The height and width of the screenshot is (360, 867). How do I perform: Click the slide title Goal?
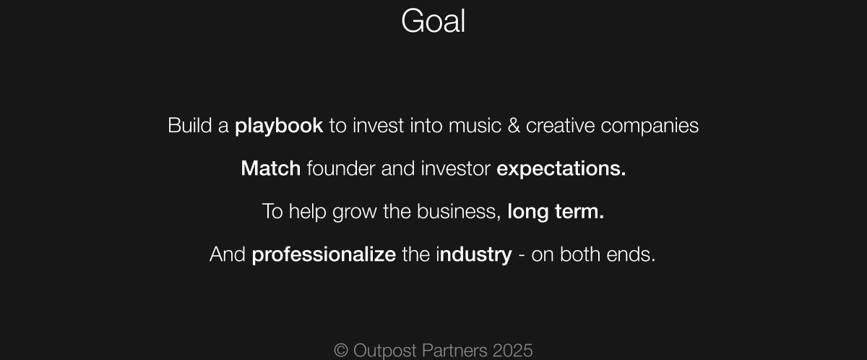(x=433, y=21)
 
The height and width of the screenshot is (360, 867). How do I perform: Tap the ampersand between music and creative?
(x=514, y=126)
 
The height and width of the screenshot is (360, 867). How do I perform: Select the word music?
(x=475, y=126)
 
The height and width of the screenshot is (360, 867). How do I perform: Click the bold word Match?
(x=270, y=168)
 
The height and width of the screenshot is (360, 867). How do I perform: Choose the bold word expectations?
(x=561, y=169)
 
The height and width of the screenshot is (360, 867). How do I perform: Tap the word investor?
(x=456, y=168)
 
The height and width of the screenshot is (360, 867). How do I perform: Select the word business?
(x=459, y=211)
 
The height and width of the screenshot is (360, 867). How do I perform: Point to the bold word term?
(x=579, y=212)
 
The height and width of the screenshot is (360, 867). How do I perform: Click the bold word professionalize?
(x=324, y=254)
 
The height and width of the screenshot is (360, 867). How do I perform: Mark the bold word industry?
(x=474, y=254)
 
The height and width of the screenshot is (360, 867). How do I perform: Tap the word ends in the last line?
(x=631, y=254)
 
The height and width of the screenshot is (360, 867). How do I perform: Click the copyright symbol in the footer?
(x=341, y=351)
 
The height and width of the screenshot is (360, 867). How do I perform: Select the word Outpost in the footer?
(x=384, y=351)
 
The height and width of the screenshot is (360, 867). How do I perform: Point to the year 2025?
(x=513, y=351)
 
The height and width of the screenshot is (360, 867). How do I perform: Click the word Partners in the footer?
(x=454, y=351)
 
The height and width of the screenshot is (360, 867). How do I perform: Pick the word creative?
(x=560, y=126)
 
